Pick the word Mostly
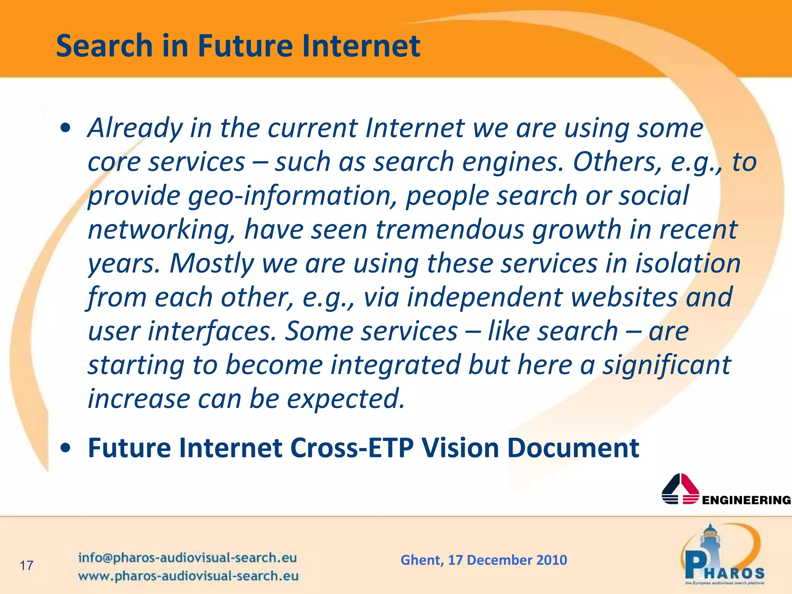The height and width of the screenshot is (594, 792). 212,263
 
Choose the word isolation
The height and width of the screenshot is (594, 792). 688,263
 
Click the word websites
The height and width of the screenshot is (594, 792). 625,297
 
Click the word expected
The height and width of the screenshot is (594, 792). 346,399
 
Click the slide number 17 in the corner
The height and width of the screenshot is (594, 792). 27,566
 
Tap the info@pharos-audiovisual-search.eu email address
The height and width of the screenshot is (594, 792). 188,558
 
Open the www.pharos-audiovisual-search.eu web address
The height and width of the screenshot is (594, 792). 188,576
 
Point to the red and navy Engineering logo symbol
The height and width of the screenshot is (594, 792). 680,489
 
